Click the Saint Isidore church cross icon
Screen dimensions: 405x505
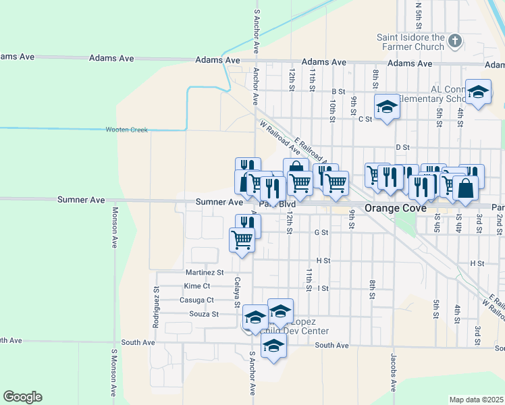(454, 41)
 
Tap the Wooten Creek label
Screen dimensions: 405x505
(126, 129)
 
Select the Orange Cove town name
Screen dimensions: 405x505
(395, 208)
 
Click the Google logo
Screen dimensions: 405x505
(22, 397)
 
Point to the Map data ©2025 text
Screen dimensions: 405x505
(476, 400)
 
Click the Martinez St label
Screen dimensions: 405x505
(204, 273)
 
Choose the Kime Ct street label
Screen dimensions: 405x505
(196, 286)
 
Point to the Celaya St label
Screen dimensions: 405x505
(237, 292)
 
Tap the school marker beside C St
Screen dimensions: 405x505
(387, 107)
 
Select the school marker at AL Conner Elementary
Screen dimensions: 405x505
(479, 94)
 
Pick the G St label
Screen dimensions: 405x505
(321, 232)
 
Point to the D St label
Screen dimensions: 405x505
(403, 146)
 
